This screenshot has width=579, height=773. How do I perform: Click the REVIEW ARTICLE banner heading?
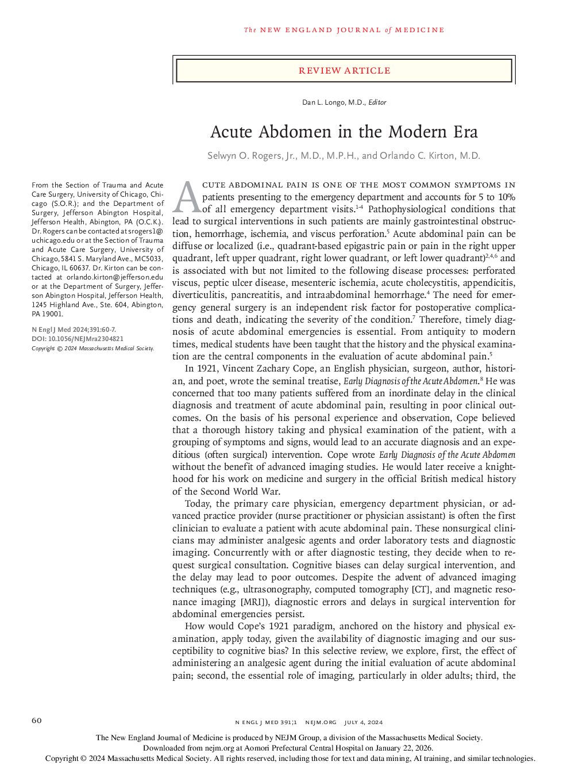point(344,70)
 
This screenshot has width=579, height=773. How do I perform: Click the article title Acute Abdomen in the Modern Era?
point(343,132)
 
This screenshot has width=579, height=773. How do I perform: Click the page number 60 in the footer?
point(37,721)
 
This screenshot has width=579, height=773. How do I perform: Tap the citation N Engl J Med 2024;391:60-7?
point(74,330)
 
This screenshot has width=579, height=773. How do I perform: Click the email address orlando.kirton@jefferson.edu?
point(115,277)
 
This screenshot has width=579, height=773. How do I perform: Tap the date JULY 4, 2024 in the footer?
point(364,722)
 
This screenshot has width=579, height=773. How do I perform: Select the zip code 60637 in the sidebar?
point(78,268)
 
